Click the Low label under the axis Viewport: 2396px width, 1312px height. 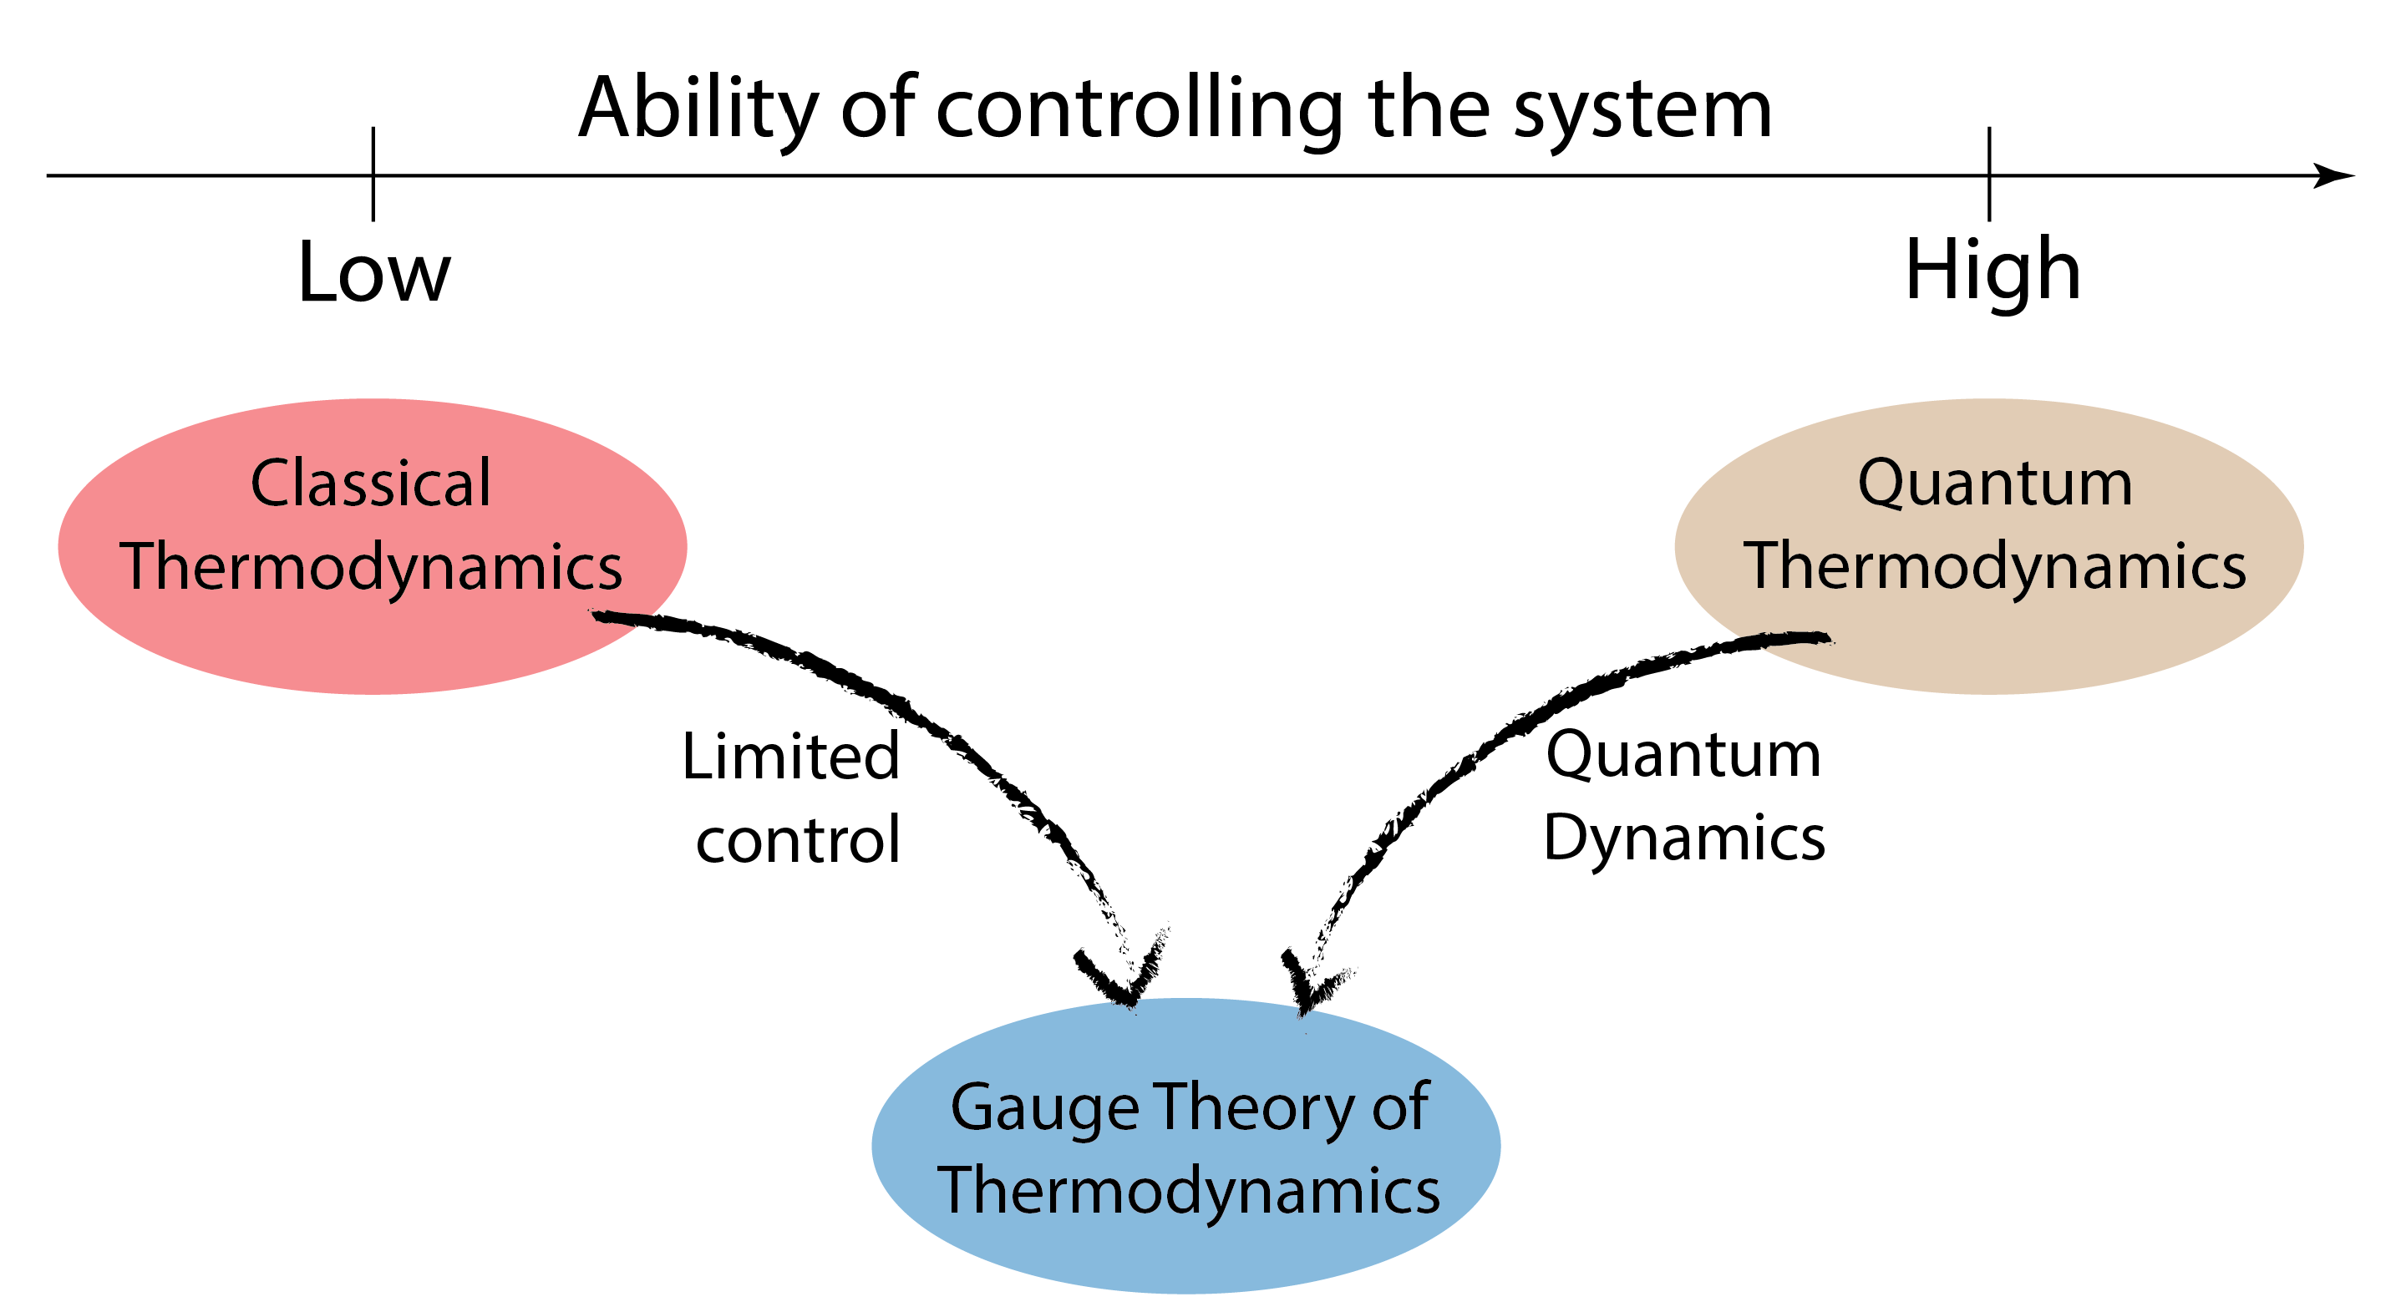point(374,273)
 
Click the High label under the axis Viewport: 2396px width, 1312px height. point(1992,271)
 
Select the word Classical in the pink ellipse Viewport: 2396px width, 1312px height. point(370,484)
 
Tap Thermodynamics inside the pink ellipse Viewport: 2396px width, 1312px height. point(370,567)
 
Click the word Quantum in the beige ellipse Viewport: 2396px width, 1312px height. point(1994,484)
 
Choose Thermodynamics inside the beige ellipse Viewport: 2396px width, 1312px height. point(1994,567)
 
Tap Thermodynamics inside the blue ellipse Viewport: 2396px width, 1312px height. point(1188,1191)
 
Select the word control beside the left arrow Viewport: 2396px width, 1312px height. point(798,839)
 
